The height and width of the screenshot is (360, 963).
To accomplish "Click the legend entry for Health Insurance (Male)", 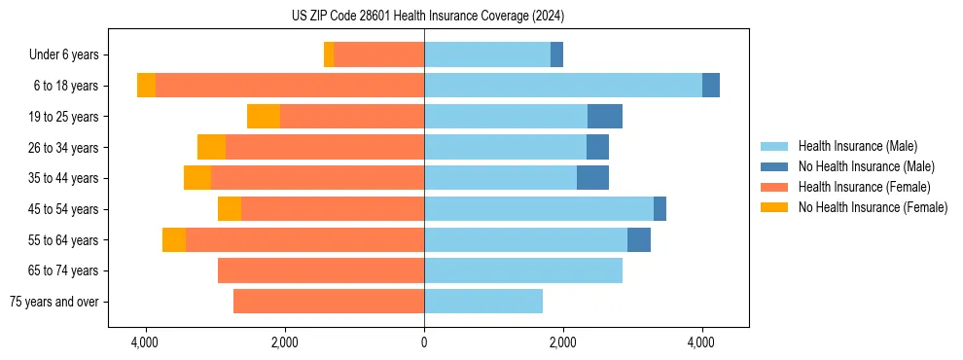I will pyautogui.click(x=857, y=146).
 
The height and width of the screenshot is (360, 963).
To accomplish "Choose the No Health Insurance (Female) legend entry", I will pyautogui.click(x=873, y=207).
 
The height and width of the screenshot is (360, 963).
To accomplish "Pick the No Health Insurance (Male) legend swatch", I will pyautogui.click(x=775, y=166).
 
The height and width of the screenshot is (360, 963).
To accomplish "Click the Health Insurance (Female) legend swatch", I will pyautogui.click(x=775, y=187).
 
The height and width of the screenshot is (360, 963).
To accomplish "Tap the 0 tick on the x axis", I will pyautogui.click(x=424, y=342).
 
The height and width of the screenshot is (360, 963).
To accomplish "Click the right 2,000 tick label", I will pyautogui.click(x=563, y=342).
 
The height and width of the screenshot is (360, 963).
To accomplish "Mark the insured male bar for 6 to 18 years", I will pyautogui.click(x=562, y=86).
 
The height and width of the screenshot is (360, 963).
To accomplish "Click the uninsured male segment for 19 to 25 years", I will pyautogui.click(x=605, y=117).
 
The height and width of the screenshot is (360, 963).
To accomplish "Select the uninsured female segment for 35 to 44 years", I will pyautogui.click(x=197, y=178).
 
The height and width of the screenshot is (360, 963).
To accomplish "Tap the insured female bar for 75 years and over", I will pyautogui.click(x=329, y=302).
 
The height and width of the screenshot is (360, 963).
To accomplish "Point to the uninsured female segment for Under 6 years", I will pyautogui.click(x=329, y=55).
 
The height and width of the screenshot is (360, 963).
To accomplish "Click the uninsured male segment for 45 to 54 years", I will pyautogui.click(x=660, y=209).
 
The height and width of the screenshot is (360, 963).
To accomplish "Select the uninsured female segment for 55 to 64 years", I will pyautogui.click(x=174, y=240).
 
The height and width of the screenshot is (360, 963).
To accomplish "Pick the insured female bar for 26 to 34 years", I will pyautogui.click(x=325, y=148).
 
